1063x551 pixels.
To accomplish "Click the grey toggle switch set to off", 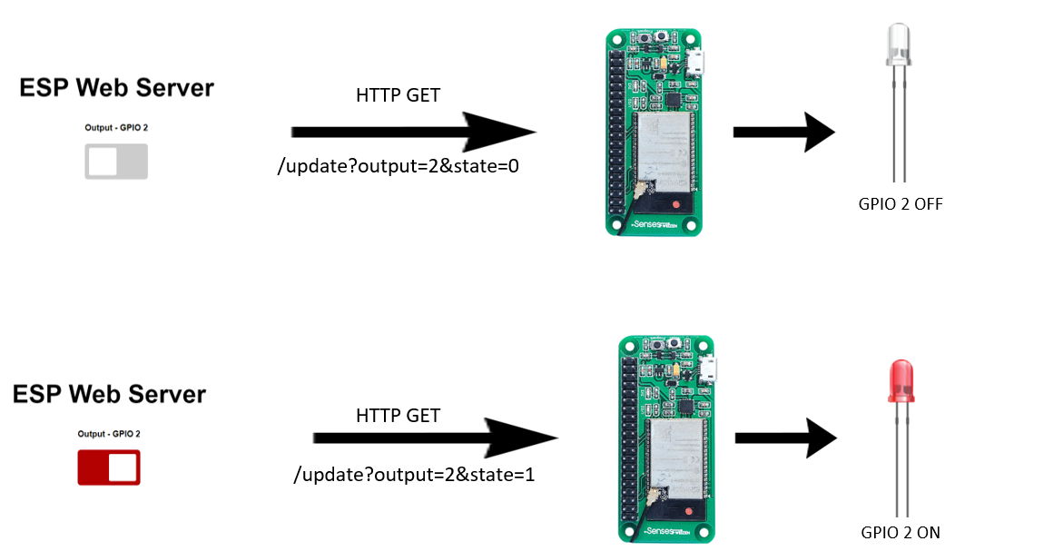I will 116,162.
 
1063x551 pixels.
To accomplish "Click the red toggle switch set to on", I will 109,467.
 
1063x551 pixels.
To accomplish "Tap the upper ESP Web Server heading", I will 116,88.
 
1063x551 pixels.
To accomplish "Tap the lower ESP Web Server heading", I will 109,395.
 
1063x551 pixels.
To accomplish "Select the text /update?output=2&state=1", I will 414,473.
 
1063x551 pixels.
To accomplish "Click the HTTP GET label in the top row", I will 398,94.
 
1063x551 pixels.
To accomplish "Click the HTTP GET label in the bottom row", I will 398,416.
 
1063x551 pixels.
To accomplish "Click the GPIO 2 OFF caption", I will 901,204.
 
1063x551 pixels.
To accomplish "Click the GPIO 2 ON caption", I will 901,533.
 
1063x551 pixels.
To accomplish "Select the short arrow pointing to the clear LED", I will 782,133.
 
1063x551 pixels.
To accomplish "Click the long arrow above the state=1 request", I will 434,438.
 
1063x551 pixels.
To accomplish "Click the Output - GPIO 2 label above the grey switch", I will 116,128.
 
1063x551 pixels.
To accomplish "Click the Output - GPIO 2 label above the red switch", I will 109,433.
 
